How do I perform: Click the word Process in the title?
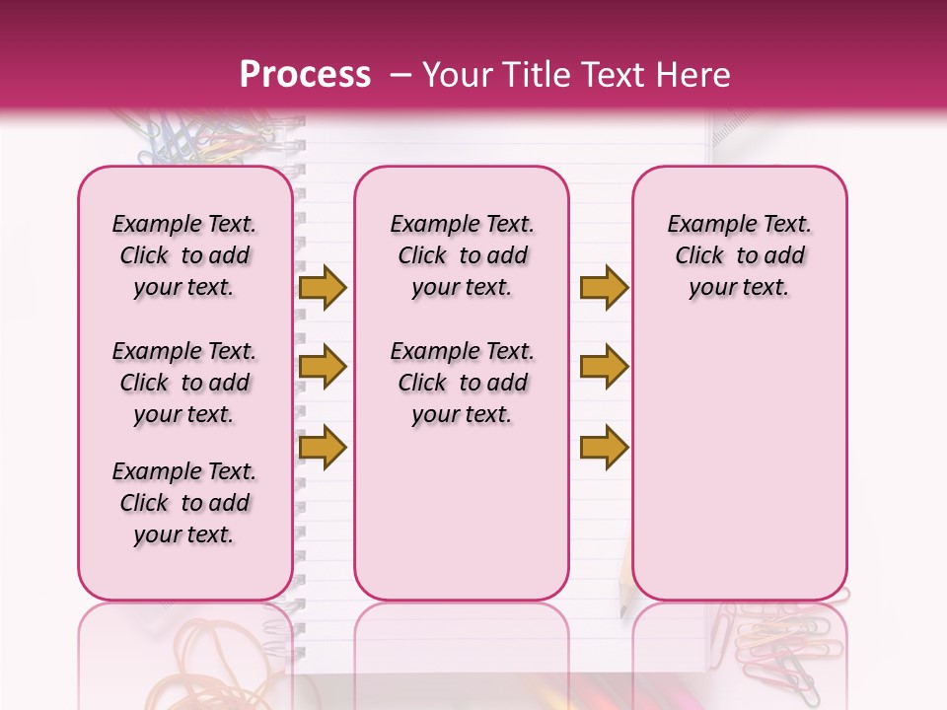(x=305, y=74)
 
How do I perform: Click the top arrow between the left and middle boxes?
(x=323, y=287)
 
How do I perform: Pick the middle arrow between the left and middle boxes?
(x=323, y=367)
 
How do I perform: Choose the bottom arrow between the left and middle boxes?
(x=323, y=448)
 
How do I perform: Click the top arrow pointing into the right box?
(x=604, y=287)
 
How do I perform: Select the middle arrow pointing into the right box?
(x=604, y=367)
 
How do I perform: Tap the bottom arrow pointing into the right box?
(x=604, y=448)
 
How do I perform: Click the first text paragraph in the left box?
(x=184, y=255)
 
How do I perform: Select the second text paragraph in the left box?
(x=184, y=383)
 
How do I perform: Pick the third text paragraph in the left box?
(x=184, y=503)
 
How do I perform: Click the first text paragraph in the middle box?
(x=462, y=255)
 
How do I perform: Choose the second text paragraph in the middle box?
(x=462, y=383)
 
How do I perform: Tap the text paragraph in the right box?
(x=739, y=255)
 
